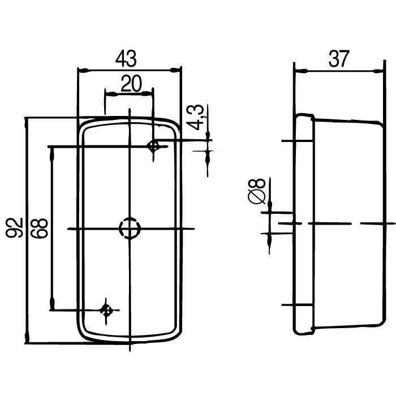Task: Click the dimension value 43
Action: (126, 59)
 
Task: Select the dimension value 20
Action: (131, 83)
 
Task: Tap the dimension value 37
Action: (339, 59)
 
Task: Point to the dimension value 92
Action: (14, 228)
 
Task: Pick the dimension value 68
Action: (39, 228)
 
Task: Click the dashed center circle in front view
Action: (130, 228)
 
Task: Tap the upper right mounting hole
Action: (153, 146)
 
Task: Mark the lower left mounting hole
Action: (106, 310)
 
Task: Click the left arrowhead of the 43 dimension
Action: (83, 70)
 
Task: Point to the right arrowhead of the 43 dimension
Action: (175, 70)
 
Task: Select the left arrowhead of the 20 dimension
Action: (111, 94)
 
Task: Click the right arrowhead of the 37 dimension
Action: (378, 71)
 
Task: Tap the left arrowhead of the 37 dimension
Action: (301, 71)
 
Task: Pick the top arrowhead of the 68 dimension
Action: (52, 153)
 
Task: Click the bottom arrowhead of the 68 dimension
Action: (52, 304)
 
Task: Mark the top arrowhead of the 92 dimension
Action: (27, 124)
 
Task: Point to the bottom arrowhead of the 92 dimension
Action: (27, 337)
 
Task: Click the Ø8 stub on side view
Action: (285, 223)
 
